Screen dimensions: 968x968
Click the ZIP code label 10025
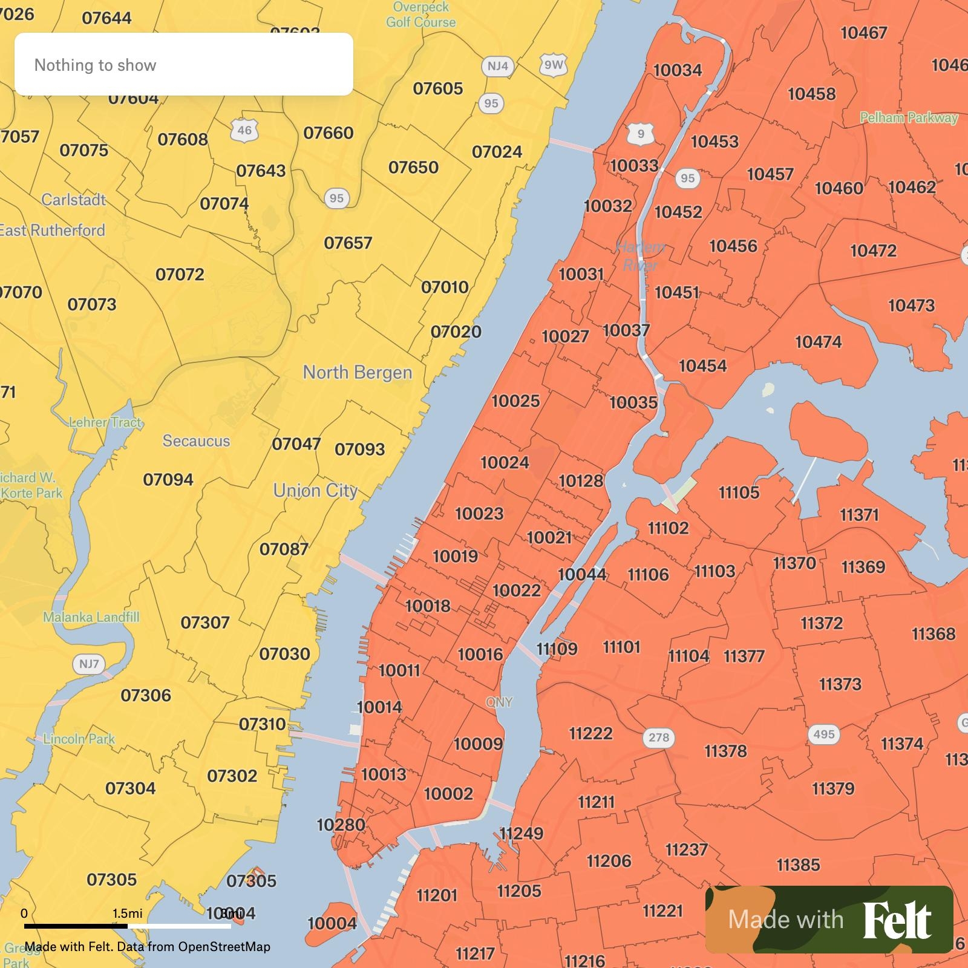pos(515,401)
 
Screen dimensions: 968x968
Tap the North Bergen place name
pos(358,372)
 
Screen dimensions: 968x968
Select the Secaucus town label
pos(196,440)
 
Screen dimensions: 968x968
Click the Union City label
pos(315,490)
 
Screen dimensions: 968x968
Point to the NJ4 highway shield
pos(498,66)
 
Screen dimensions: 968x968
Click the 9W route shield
pos(553,65)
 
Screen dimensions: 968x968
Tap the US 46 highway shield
pos(244,130)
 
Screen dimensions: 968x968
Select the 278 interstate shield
pos(659,737)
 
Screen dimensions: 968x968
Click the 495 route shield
pos(823,734)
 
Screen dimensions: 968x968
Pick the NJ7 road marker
pos(89,664)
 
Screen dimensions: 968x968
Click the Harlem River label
pos(641,256)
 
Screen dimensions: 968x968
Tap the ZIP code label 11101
pos(621,647)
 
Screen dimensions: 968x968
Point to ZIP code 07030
pos(284,654)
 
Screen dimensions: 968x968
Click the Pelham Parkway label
pos(909,118)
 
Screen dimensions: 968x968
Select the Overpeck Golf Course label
pos(421,15)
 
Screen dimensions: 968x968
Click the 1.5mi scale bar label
pos(128,913)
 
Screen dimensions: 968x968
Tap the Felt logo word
pos(897,920)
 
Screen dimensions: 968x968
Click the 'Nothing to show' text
pos(96,65)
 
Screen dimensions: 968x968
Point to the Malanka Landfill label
pos(91,617)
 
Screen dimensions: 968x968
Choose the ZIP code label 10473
pos(911,306)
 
